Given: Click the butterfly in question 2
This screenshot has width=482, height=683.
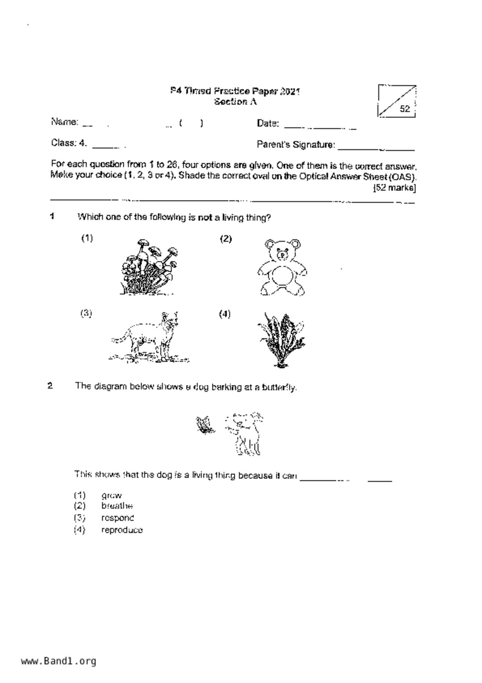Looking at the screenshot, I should click(205, 424).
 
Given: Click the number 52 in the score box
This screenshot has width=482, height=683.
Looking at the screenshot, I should click(405, 109).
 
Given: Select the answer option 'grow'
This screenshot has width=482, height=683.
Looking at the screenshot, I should click(112, 496).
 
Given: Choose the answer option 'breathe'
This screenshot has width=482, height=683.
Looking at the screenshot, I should click(117, 506).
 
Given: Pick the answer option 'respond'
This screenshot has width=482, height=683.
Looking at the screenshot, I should click(117, 518).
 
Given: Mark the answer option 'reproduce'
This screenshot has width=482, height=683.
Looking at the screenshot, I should click(122, 530).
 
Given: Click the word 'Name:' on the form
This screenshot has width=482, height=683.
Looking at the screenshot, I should click(65, 122).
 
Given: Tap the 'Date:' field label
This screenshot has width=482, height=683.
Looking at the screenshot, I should click(268, 123).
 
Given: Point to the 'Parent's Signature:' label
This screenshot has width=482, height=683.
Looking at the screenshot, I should click(296, 145).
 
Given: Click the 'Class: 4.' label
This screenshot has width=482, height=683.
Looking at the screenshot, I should click(69, 143).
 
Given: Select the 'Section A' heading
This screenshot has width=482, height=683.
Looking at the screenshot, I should click(235, 102).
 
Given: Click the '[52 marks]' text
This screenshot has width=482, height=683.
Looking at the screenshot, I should click(394, 188).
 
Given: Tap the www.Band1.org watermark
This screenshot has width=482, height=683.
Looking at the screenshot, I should click(58, 661).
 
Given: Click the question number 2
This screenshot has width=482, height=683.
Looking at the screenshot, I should click(50, 386).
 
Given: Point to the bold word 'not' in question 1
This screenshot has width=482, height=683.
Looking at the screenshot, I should click(205, 217).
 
